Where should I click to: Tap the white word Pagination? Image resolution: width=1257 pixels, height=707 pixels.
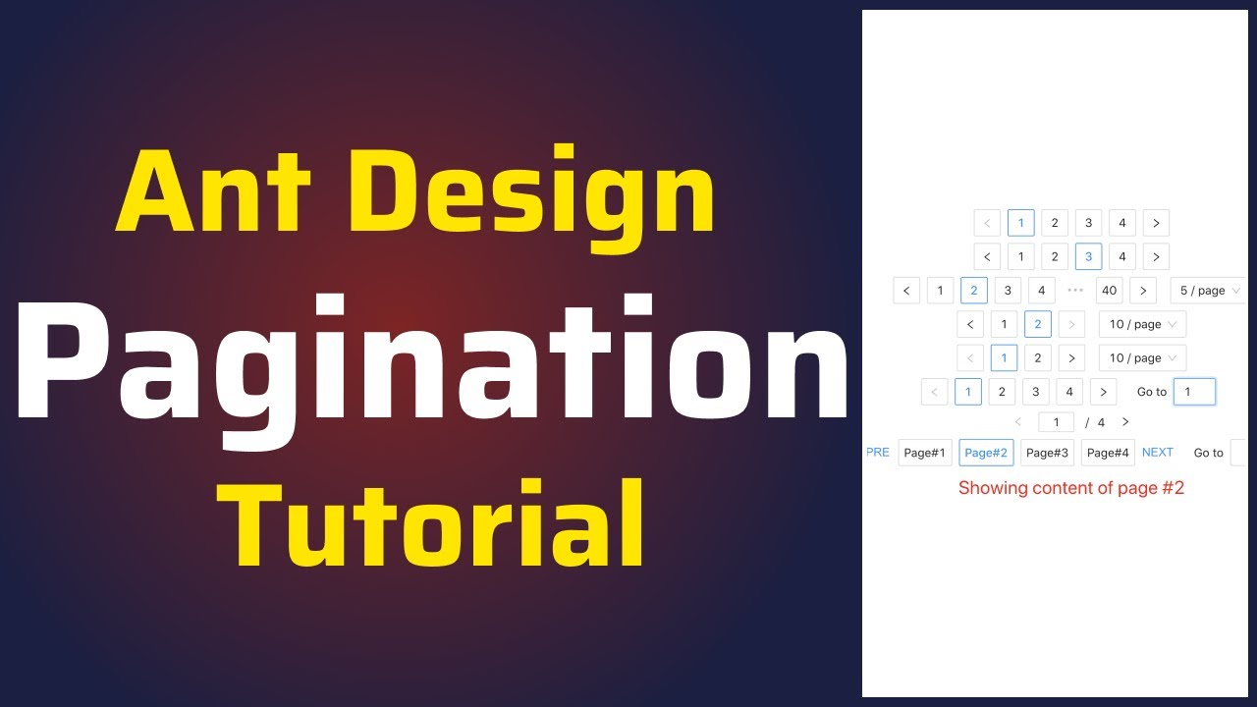(432, 363)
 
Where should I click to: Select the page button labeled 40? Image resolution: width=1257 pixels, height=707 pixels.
(1109, 291)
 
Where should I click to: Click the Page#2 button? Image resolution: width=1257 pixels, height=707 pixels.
(986, 453)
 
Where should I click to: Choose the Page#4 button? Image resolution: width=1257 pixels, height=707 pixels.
(1108, 453)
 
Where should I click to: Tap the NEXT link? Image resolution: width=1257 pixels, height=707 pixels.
(1158, 453)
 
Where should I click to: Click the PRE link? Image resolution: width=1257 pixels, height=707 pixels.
(878, 453)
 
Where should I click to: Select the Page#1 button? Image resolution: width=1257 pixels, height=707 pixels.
(925, 453)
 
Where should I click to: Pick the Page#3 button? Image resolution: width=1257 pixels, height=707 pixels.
(1047, 453)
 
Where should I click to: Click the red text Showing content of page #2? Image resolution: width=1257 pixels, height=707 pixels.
(1071, 488)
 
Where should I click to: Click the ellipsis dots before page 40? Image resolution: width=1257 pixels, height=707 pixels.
(1075, 291)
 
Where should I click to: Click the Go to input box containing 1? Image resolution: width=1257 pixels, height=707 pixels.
(1194, 392)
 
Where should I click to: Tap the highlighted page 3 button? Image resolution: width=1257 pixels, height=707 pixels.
(1088, 257)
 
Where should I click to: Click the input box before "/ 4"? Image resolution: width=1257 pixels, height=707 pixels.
(1057, 422)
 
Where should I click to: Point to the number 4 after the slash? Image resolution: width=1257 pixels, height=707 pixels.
(1101, 422)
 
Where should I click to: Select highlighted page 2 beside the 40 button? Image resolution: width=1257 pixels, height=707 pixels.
(974, 291)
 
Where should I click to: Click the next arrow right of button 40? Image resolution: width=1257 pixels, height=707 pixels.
(1143, 291)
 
